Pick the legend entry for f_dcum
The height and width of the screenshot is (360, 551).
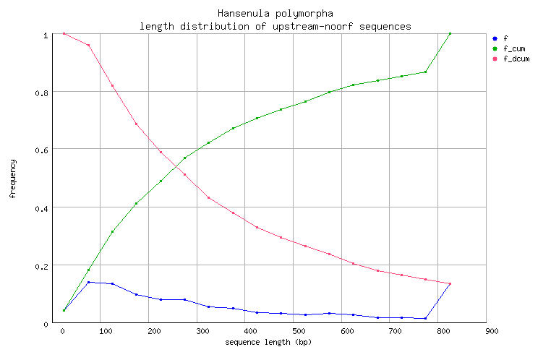tap(516, 59)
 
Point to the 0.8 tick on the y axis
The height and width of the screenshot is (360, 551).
tap(46, 93)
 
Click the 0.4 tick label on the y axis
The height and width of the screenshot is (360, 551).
tap(46, 208)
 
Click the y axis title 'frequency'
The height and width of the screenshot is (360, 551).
tap(12, 179)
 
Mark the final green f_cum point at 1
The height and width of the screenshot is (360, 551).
tap(450, 33)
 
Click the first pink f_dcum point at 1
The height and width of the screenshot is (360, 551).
tap(64, 33)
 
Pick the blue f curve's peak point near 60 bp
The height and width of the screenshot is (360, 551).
tap(88, 282)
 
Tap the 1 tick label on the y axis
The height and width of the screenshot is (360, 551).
tap(46, 35)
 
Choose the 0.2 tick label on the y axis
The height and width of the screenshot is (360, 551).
tap(46, 266)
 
